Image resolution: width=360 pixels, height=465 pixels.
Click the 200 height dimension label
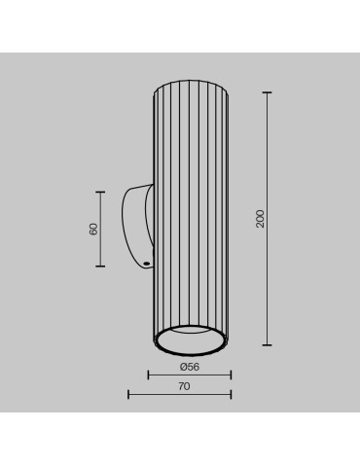(x=260, y=219)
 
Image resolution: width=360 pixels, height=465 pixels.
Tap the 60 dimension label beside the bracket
(x=93, y=229)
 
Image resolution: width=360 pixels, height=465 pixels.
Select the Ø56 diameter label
(x=190, y=367)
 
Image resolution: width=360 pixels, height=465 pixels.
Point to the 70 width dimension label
(x=184, y=386)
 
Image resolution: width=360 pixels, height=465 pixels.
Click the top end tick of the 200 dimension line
(x=267, y=92)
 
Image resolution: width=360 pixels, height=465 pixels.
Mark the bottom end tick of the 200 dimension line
(x=267, y=345)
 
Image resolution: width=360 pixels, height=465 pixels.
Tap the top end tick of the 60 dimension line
(x=100, y=191)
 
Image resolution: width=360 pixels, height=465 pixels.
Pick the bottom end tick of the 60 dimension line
(x=100, y=266)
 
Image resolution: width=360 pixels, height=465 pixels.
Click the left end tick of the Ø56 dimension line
(x=148, y=375)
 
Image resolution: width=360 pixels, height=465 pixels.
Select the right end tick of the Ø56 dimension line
(x=231, y=375)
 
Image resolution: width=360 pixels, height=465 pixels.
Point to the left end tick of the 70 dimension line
(x=128, y=394)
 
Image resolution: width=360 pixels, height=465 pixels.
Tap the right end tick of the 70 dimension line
(x=231, y=394)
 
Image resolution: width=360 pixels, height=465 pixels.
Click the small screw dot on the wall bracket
(x=145, y=262)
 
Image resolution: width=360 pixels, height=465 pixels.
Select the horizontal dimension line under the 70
(x=180, y=394)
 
